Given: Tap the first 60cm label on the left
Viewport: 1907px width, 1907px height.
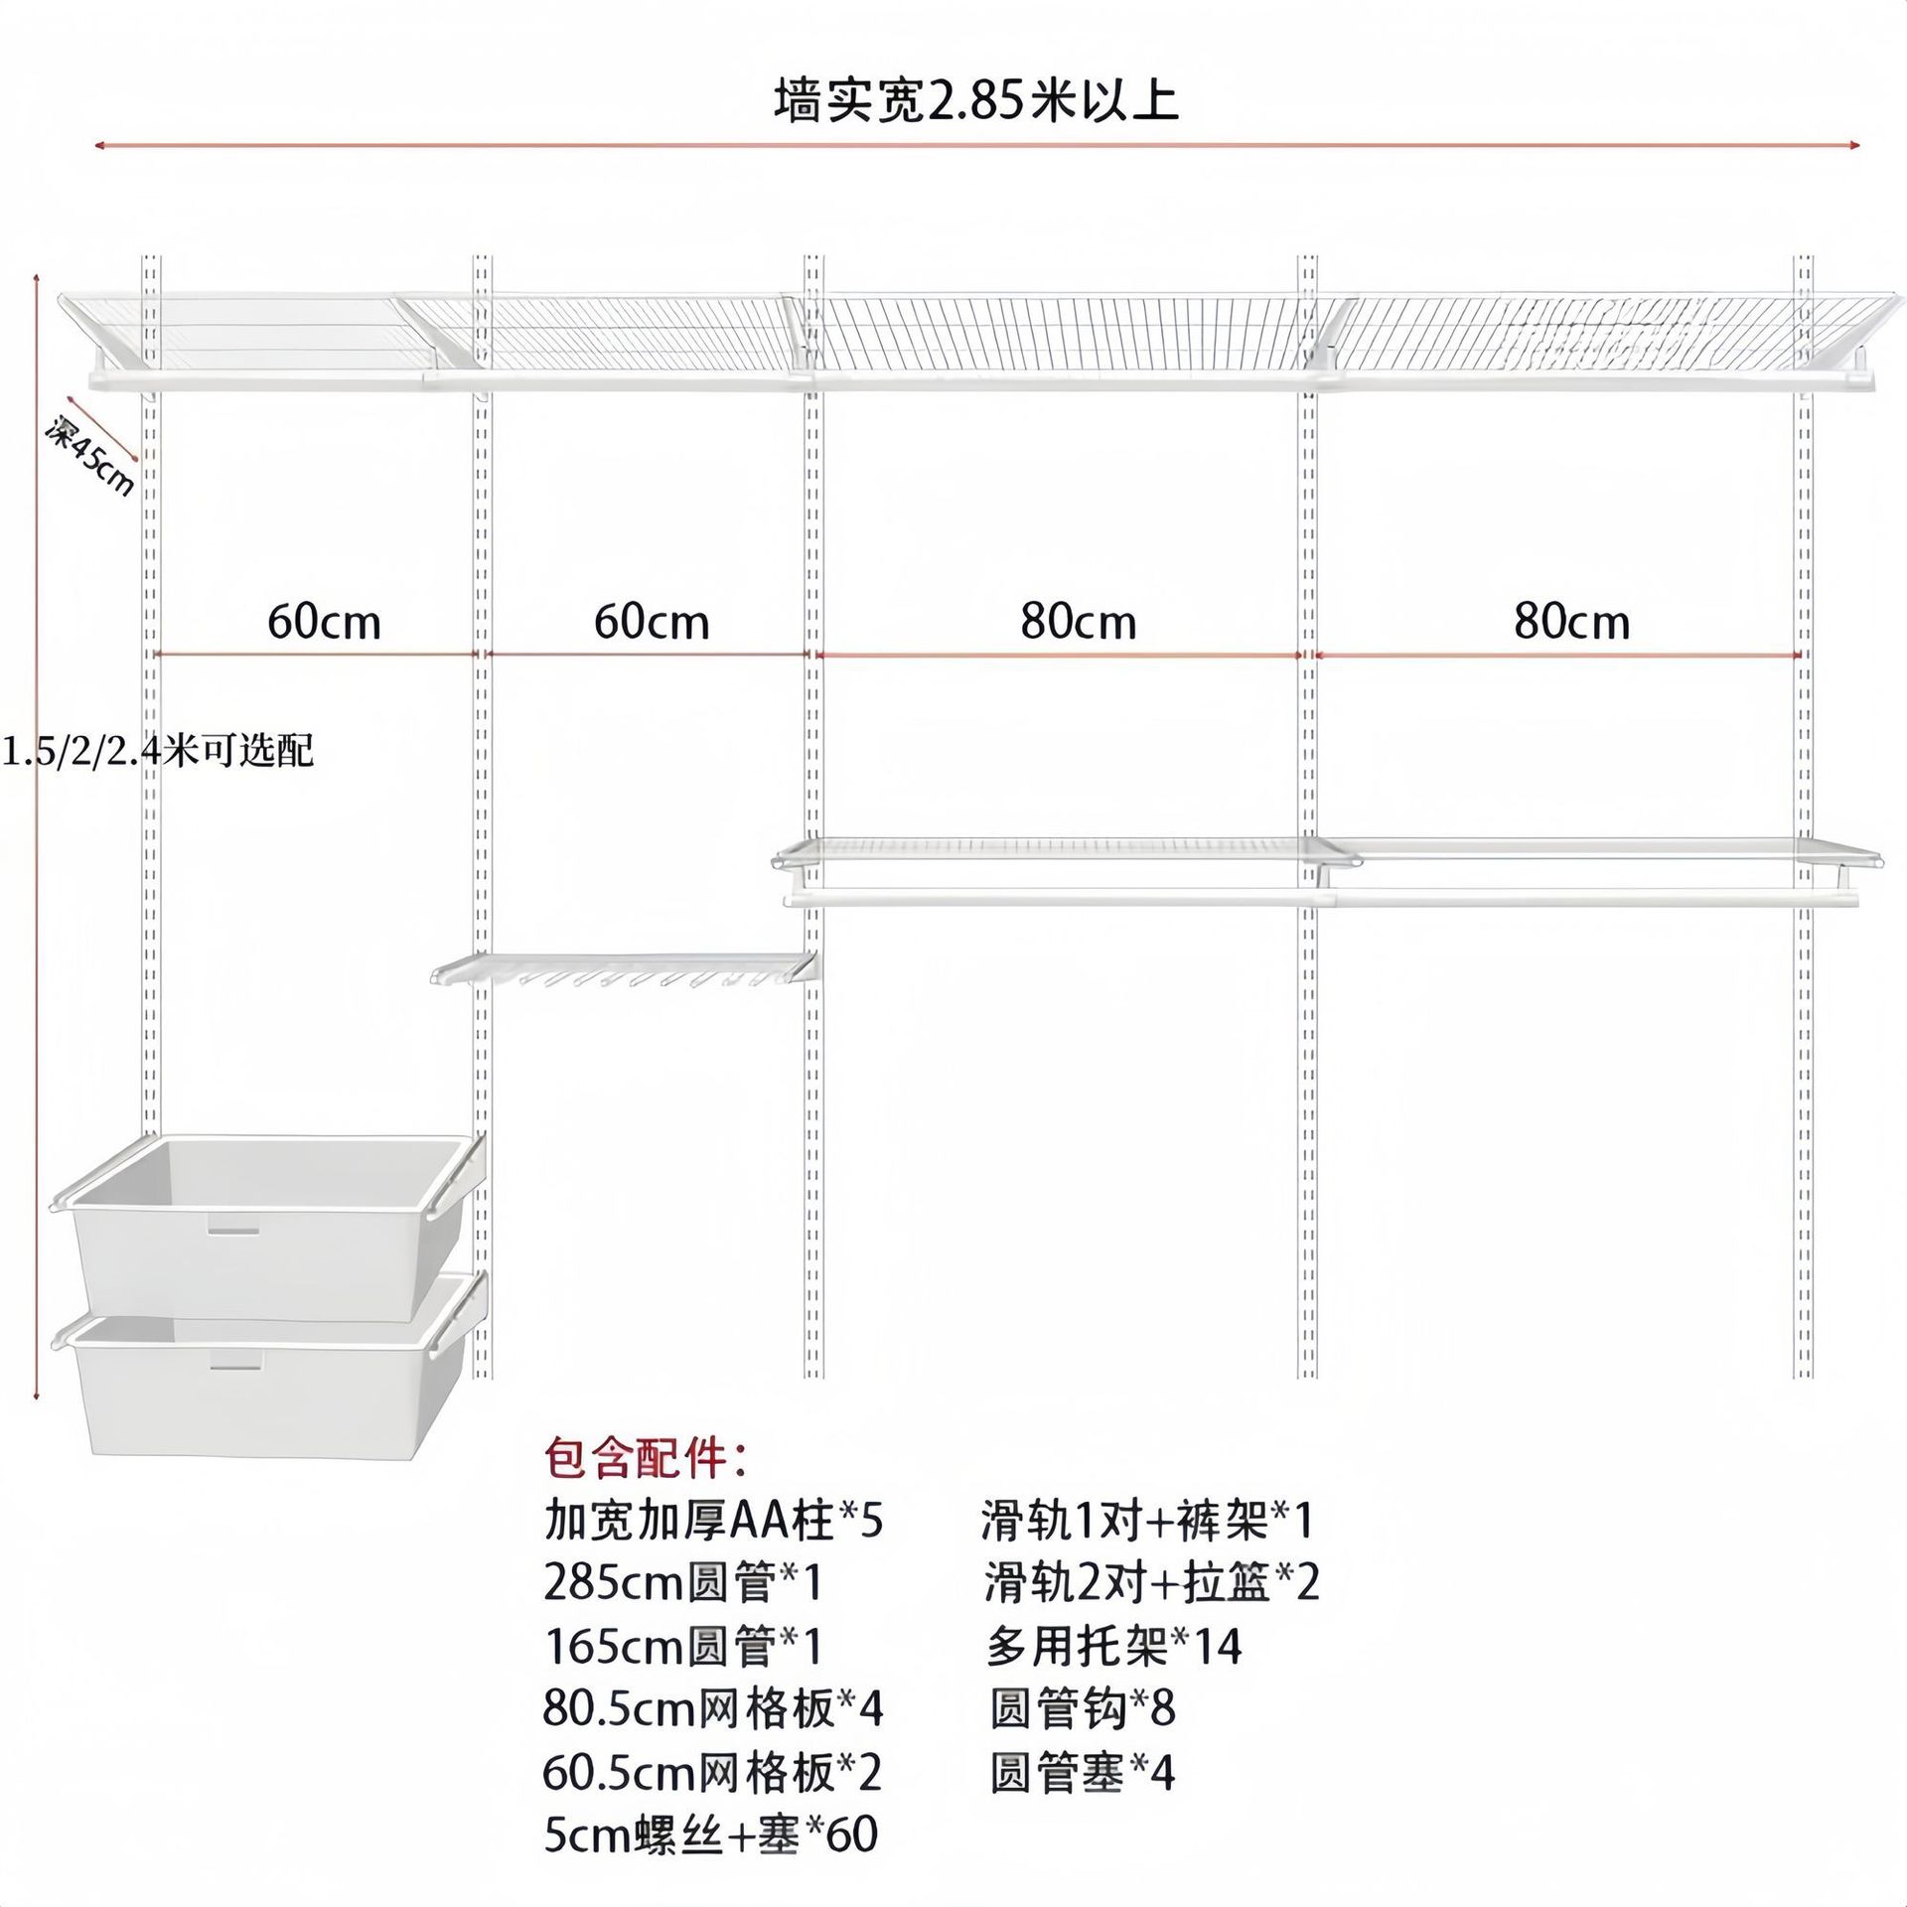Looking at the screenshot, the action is pos(324,623).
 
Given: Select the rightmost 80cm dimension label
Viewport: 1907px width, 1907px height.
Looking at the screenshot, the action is pos(1571,623).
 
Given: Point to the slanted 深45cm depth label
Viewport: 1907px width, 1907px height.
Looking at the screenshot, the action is pos(89,456).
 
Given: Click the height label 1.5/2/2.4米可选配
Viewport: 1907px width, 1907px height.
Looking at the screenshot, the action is pos(157,751).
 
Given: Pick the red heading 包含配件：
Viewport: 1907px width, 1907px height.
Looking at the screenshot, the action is pos(647,1459).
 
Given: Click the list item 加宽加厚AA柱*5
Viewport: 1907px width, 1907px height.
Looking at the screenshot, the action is pos(713,1521).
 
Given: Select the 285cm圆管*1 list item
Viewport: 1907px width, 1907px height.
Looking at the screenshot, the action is pos(683,1583).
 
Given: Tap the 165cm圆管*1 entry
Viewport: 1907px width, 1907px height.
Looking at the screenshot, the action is pos(683,1646).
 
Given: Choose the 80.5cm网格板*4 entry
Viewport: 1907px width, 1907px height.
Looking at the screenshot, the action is pos(713,1708).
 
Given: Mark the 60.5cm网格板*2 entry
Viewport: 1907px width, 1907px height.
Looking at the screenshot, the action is pos(712,1772).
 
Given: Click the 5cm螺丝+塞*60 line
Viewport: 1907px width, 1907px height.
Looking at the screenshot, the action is pos(710,1834).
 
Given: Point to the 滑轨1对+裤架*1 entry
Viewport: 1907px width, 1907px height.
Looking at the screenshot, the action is pos(1147,1521).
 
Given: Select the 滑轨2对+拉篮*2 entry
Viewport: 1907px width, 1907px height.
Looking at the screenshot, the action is pos(1152,1583).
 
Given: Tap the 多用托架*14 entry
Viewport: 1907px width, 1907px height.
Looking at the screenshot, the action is pos(1113,1646).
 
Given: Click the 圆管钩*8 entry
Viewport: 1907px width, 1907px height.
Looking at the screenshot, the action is pos(1083,1708).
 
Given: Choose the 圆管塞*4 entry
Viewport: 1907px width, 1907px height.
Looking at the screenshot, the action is pos(1083,1772).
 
